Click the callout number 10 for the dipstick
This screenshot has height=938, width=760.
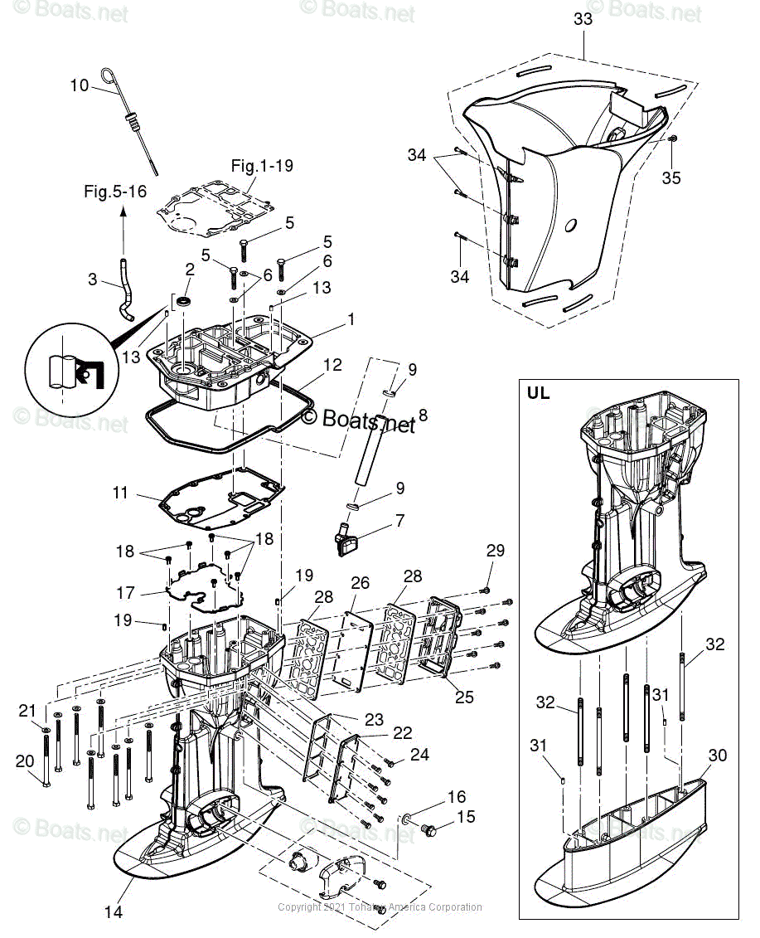coord(79,85)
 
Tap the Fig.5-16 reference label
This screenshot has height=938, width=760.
coord(114,192)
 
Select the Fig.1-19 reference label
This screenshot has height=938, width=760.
coord(261,165)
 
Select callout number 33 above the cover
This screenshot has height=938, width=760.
coord(583,19)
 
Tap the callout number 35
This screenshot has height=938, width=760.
coord(671,177)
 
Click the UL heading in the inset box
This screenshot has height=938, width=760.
coord(538,394)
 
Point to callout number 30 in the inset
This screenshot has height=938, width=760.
coord(717,755)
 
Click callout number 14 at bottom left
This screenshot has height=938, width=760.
coord(113,911)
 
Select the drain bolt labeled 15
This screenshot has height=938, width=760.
coord(430,828)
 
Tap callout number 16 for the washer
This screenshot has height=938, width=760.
coord(456,797)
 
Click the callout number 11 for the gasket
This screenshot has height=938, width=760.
coord(121,493)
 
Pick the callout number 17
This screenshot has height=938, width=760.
coord(125,593)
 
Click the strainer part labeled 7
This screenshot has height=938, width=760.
coord(346,541)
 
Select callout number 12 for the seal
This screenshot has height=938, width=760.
coord(332,364)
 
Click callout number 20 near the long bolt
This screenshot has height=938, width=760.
coord(26,761)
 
